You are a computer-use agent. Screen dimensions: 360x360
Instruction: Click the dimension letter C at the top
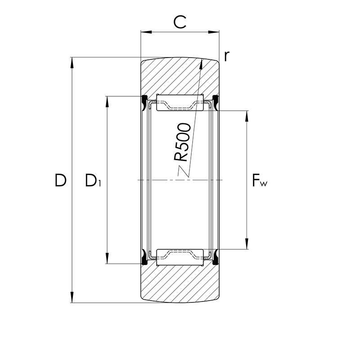click(x=180, y=22)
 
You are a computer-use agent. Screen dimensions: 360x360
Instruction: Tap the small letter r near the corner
click(x=227, y=56)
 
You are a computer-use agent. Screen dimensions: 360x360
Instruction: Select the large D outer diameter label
click(x=60, y=180)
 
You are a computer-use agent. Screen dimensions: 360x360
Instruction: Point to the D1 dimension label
click(x=93, y=180)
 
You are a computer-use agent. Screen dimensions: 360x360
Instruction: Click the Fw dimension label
click(x=260, y=180)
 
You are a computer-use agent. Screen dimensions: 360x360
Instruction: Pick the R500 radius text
click(x=182, y=142)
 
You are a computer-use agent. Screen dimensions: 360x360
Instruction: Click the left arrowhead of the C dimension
click(x=146, y=32)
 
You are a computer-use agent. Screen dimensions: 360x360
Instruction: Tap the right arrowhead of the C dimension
click(x=214, y=32)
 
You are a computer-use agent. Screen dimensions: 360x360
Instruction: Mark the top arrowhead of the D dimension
click(x=72, y=63)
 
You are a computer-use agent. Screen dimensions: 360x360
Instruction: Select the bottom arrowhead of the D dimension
click(x=72, y=297)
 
